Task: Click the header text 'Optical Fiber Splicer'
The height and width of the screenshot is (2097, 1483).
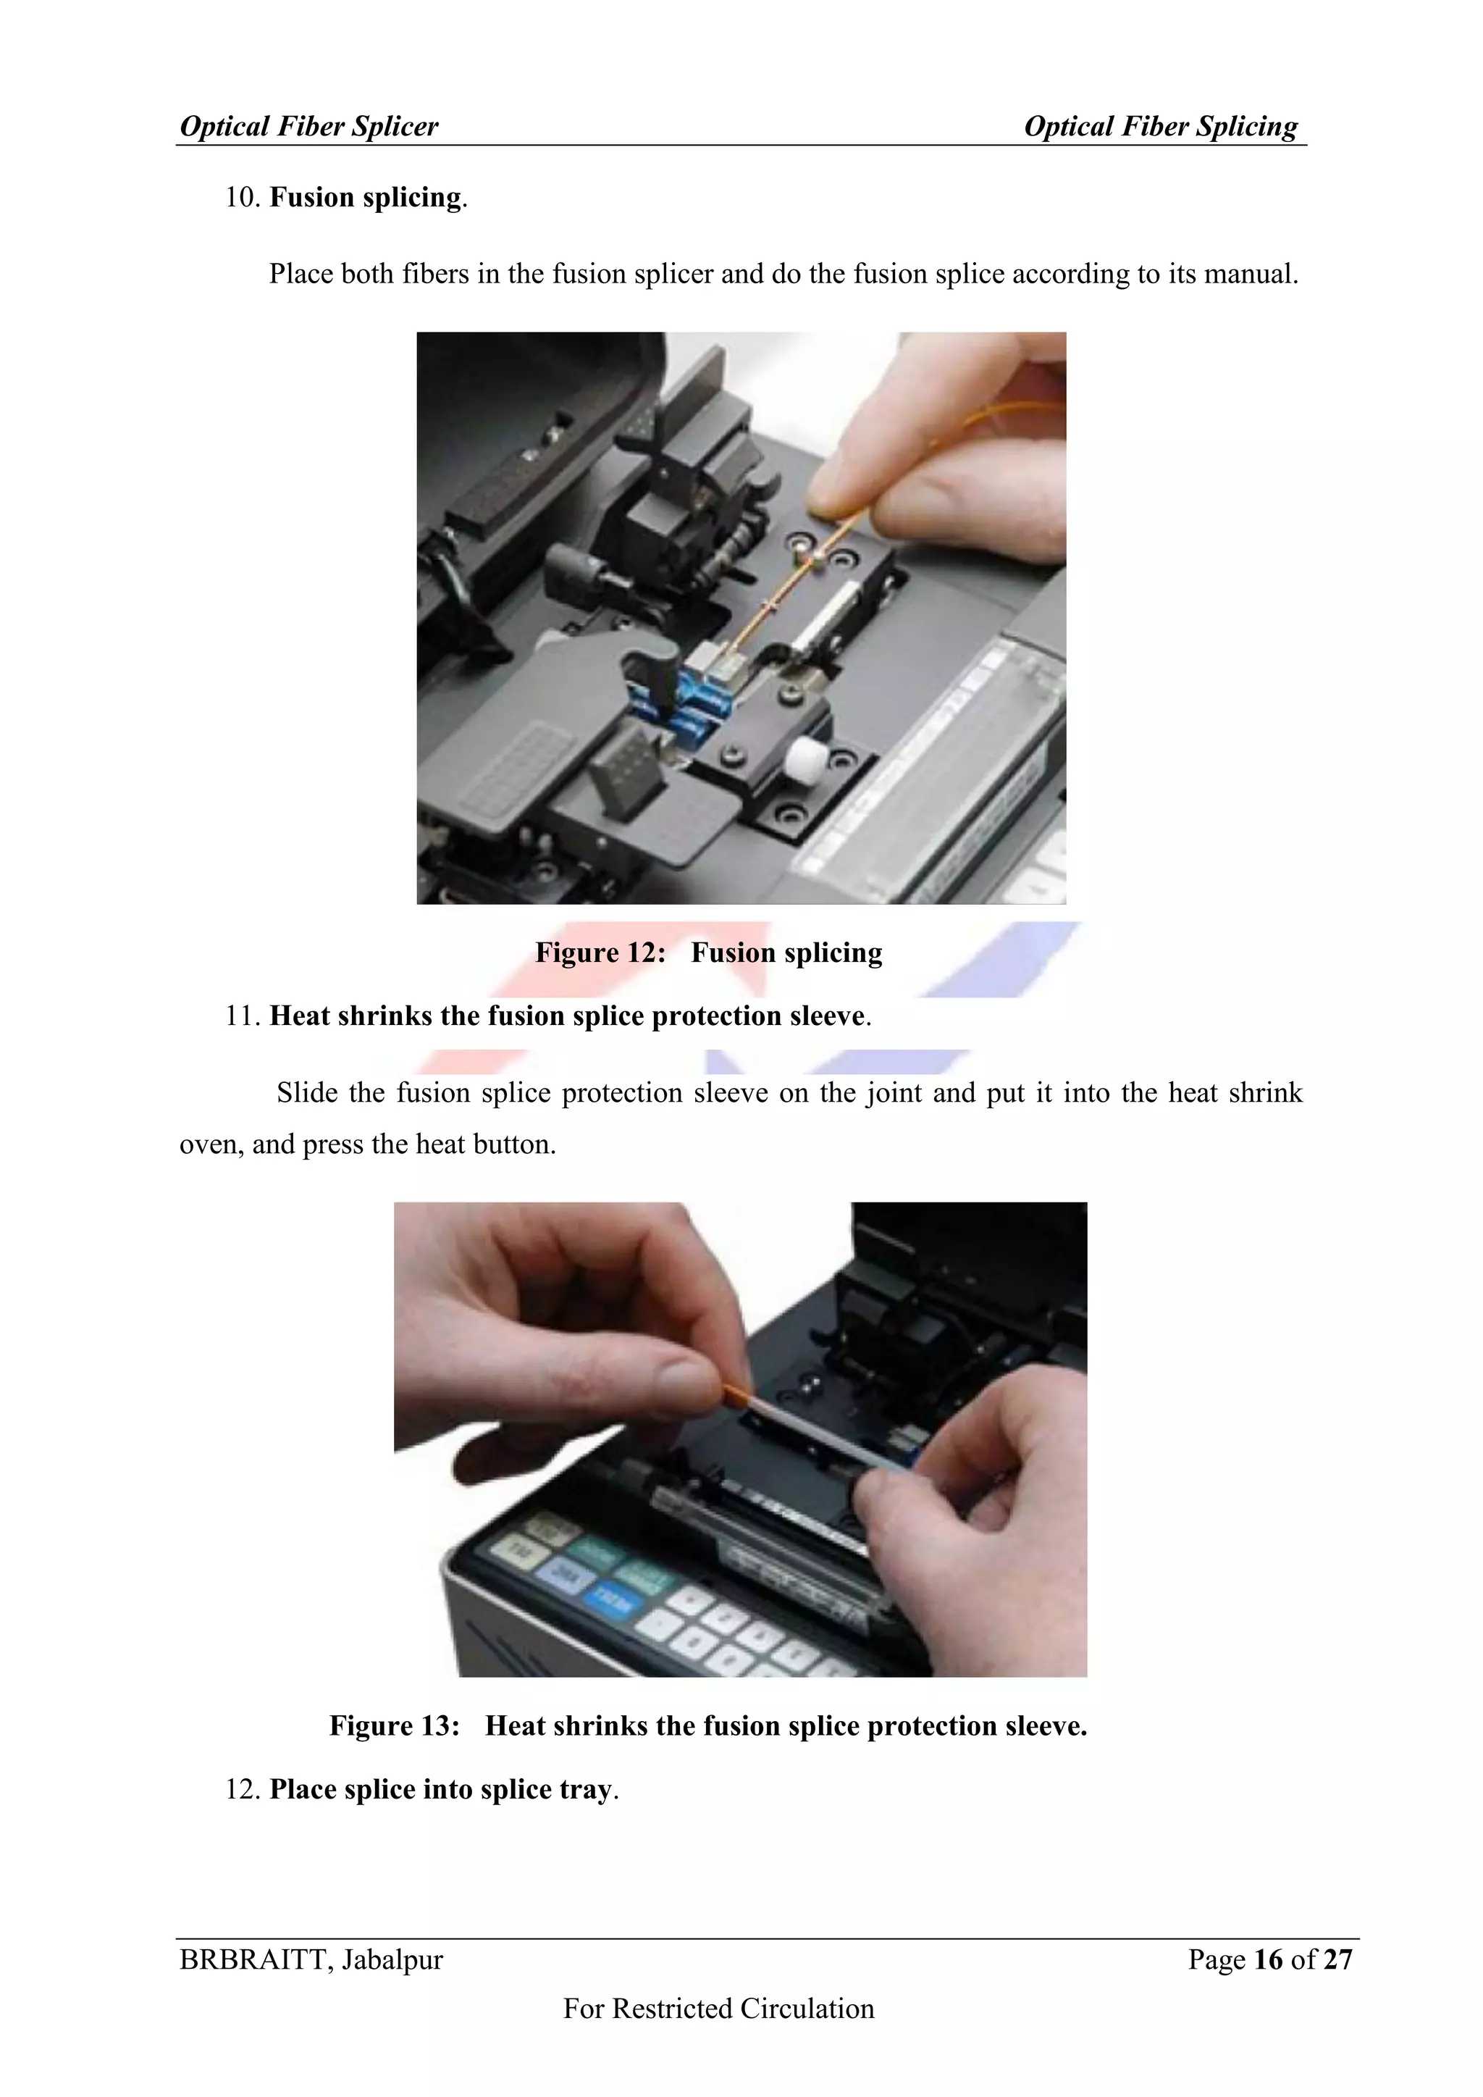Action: click(x=308, y=126)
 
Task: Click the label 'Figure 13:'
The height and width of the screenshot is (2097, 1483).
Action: click(x=394, y=1725)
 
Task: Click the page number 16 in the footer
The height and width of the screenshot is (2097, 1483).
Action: click(x=1269, y=1960)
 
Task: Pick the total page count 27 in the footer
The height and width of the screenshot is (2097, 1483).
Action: click(x=1337, y=1960)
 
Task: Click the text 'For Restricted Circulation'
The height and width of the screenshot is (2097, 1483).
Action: click(x=718, y=2009)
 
